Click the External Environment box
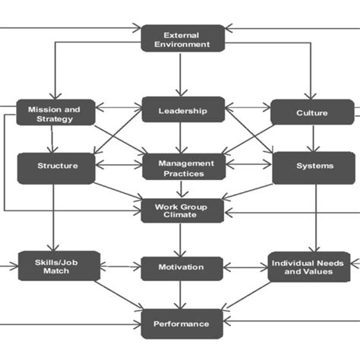(x=183, y=38)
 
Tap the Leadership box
(x=182, y=111)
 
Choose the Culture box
(x=311, y=113)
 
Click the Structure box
(x=57, y=165)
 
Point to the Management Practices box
(x=183, y=166)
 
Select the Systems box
(x=312, y=165)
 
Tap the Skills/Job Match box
(x=58, y=267)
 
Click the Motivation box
(x=181, y=267)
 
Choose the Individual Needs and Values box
(x=308, y=267)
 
